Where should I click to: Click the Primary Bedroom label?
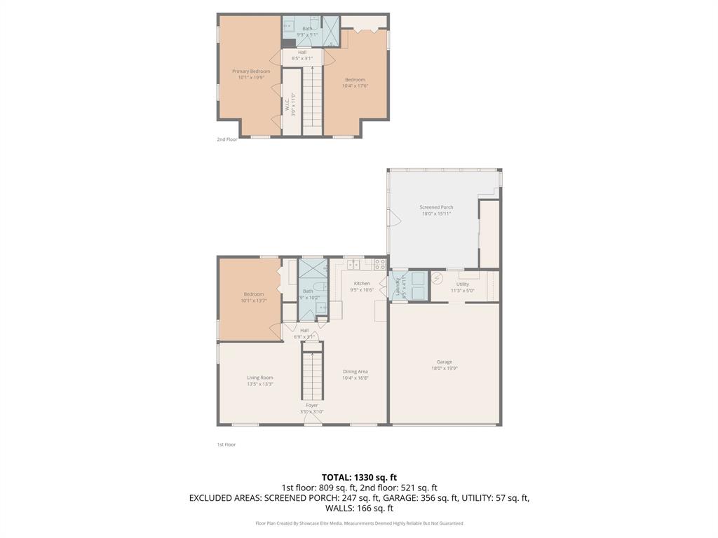251,71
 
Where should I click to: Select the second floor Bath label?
307,28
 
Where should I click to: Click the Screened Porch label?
436,207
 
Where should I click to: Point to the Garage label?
445,362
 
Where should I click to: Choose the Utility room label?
463,284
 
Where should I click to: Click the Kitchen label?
362,284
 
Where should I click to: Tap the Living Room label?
260,378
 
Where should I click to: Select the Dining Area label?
355,371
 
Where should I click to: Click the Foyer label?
312,405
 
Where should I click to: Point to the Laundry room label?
397,285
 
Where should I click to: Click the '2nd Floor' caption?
227,139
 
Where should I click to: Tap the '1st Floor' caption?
226,445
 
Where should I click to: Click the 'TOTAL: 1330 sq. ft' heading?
359,478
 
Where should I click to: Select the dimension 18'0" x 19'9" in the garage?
445,368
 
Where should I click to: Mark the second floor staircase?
313,98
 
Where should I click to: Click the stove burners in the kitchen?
379,264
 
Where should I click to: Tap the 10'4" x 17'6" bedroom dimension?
355,86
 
